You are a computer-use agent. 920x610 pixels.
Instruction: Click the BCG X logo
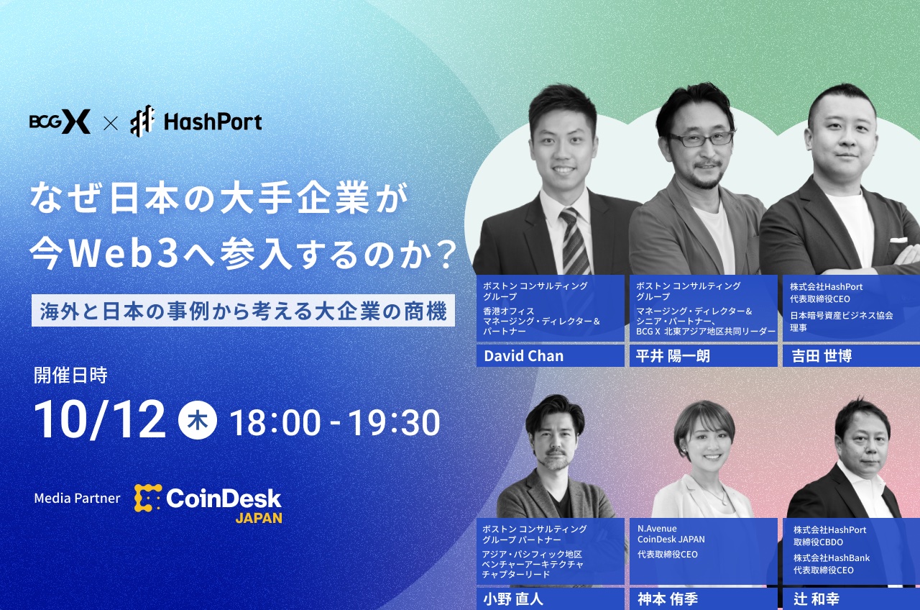click(60, 122)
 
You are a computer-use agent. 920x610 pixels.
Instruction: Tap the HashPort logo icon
click(142, 122)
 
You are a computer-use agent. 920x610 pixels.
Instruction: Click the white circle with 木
click(197, 421)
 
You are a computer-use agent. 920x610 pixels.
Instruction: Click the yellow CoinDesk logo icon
click(148, 498)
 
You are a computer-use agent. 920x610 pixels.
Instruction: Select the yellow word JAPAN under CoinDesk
click(259, 518)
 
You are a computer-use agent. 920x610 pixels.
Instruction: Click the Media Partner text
click(77, 498)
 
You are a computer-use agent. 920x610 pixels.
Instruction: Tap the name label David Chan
click(524, 356)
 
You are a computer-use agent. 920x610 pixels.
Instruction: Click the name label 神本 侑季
click(668, 599)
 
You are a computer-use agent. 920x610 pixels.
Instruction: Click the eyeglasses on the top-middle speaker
click(700, 139)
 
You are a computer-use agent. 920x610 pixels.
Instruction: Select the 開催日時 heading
click(70, 375)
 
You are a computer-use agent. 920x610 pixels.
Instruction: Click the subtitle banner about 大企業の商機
click(243, 311)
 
